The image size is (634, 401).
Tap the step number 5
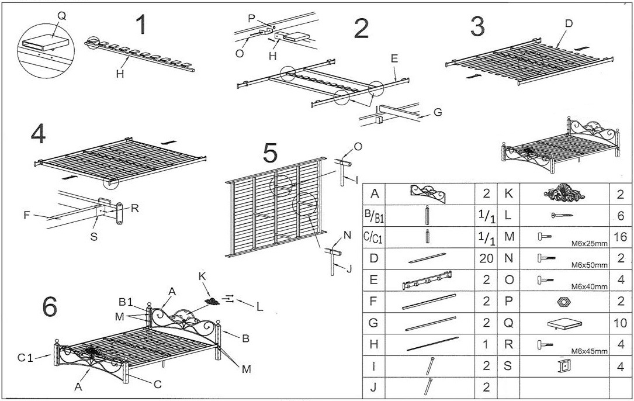(270, 154)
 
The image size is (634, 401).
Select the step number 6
(50, 306)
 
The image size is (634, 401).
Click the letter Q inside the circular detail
(61, 16)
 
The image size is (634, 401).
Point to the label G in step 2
(438, 112)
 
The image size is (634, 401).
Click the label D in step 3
(568, 23)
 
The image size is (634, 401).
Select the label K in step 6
(202, 275)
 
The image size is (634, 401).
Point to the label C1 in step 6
(25, 357)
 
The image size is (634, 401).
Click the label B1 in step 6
(126, 302)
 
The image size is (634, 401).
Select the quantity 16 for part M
(621, 237)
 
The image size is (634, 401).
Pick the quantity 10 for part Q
(621, 323)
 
